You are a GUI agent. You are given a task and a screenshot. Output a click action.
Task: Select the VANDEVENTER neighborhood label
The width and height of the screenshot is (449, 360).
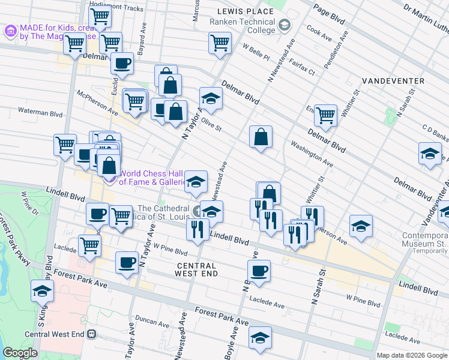393,80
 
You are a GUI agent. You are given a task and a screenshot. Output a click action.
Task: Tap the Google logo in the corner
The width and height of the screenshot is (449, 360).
20,353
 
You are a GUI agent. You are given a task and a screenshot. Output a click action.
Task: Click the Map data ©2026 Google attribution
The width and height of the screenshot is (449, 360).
412,355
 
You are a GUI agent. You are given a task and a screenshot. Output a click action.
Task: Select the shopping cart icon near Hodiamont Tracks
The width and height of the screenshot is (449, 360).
99,16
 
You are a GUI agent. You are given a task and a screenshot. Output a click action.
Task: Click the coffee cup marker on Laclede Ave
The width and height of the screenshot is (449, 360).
259,271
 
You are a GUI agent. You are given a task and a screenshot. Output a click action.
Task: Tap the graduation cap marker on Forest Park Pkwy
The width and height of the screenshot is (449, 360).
42,290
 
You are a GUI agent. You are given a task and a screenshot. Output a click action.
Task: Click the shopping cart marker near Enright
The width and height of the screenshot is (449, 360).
325,114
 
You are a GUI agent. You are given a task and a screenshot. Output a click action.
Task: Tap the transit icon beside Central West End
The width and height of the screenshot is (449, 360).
91,334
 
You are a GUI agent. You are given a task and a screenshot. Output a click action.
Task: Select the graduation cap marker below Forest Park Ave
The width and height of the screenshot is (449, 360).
260,337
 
